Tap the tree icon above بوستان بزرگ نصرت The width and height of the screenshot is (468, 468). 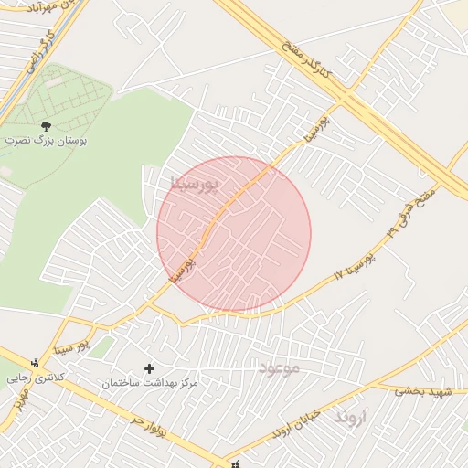point(47,125)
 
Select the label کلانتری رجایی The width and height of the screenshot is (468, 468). point(32,376)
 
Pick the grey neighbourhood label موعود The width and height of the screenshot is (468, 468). point(280,367)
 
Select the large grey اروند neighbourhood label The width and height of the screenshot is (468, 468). point(349,417)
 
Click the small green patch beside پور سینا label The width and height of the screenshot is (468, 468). point(102,346)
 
